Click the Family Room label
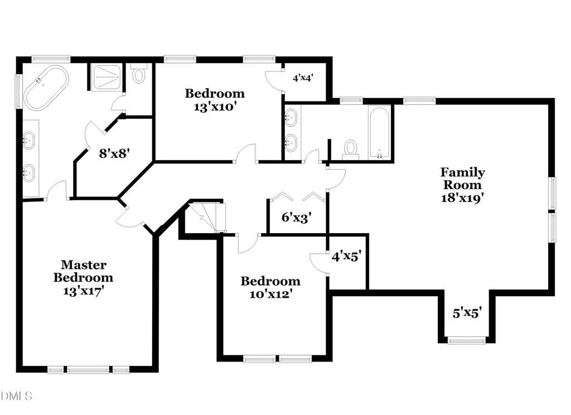click(x=462, y=178)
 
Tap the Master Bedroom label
click(x=83, y=271)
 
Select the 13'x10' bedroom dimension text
click(x=215, y=107)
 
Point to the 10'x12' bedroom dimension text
click(x=270, y=293)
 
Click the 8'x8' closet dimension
click(x=114, y=153)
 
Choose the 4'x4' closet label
click(x=303, y=78)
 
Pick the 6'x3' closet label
click(x=297, y=218)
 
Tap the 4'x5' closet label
click(x=346, y=257)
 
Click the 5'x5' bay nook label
click(x=467, y=312)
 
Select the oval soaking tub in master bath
click(x=46, y=88)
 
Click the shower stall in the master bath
click(x=107, y=77)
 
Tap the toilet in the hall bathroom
click(x=351, y=149)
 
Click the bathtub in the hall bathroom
click(x=379, y=132)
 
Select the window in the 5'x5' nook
click(x=467, y=341)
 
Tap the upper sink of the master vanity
click(x=29, y=140)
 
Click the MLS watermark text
click(x=16, y=395)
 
